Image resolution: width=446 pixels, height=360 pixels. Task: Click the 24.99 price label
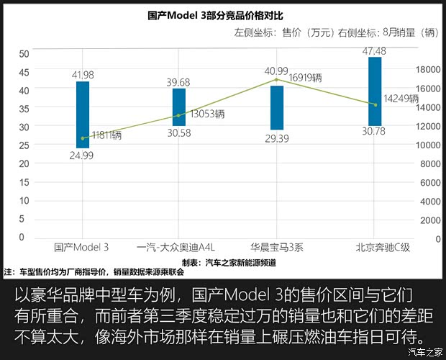(83, 155)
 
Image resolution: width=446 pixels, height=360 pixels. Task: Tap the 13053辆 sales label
(208, 114)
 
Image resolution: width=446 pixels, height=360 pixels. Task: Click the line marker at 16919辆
(277, 80)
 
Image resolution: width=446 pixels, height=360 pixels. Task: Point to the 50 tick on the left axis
(24, 54)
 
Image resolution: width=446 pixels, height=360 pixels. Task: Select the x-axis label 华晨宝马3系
(277, 248)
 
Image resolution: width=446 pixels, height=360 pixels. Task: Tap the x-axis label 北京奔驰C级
(382, 248)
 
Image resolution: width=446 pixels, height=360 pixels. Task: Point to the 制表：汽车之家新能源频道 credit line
(228, 263)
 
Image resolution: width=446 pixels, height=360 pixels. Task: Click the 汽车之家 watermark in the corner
(424, 352)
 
